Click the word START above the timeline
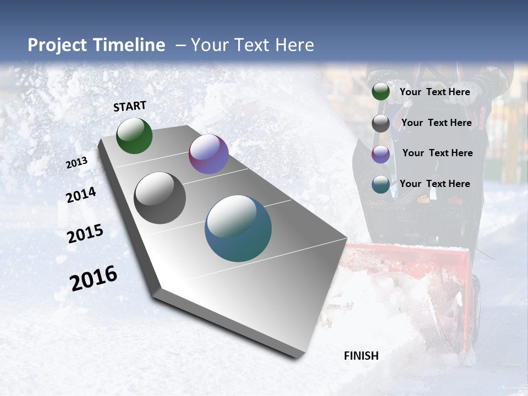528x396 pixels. click(x=130, y=106)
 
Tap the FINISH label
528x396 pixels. click(x=361, y=356)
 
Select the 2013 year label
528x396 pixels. click(x=76, y=163)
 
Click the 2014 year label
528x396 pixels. click(x=81, y=195)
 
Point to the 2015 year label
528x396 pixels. click(x=85, y=234)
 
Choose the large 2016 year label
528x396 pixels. click(x=94, y=278)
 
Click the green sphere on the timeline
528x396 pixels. click(x=134, y=136)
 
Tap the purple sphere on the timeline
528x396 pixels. click(x=208, y=154)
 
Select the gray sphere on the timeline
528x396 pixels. click(x=159, y=198)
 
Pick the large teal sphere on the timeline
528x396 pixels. click(x=238, y=228)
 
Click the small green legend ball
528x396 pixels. click(x=381, y=92)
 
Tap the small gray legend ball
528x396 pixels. click(x=381, y=123)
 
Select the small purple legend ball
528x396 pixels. click(x=381, y=154)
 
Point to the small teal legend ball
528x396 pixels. click(x=381, y=184)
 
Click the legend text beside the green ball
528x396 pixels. click(x=435, y=92)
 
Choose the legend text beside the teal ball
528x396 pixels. click(x=435, y=184)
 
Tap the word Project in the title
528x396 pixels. click(x=54, y=45)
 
